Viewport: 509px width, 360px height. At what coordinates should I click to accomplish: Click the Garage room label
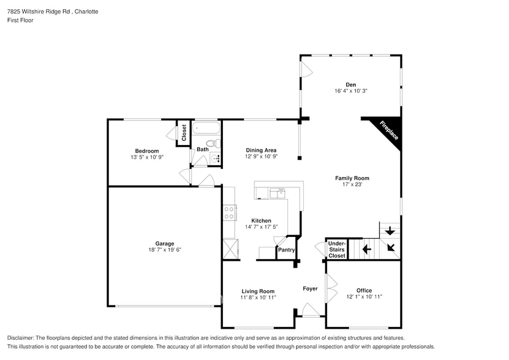[164, 243]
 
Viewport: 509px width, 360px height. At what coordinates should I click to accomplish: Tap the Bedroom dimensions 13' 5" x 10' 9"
[147, 157]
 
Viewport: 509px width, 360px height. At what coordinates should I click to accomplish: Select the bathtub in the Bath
[206, 129]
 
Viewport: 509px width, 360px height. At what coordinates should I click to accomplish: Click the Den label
[350, 84]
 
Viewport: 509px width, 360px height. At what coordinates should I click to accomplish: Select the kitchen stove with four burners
[229, 212]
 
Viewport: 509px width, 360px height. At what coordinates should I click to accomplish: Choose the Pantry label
[287, 250]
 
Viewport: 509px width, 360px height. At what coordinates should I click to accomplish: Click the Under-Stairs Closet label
[337, 249]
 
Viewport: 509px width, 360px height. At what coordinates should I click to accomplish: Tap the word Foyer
[311, 288]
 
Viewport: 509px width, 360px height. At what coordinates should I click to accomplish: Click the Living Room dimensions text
[257, 298]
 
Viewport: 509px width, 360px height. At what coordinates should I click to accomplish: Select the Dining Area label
[261, 150]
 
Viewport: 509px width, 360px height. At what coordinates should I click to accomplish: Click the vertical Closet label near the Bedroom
[183, 132]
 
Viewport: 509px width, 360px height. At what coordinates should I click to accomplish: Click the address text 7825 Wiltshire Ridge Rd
[37, 12]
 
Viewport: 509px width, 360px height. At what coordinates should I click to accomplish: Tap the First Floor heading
[20, 20]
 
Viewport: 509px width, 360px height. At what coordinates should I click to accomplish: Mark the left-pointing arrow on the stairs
[366, 249]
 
